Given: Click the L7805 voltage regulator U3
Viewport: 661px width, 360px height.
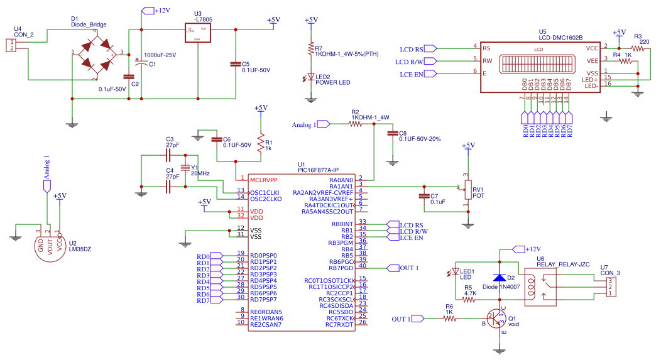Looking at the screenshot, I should (197, 33).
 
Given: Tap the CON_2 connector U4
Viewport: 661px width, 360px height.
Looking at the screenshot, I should (11, 45).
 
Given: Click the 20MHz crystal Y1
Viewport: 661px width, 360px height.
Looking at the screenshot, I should (185, 168).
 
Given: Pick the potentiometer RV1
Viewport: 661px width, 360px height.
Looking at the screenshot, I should (467, 188).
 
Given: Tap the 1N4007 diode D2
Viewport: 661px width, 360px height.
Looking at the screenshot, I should (500, 277).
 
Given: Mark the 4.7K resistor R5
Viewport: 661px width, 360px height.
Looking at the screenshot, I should (469, 300).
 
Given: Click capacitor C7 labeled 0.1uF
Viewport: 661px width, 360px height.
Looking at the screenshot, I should (424, 196).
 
